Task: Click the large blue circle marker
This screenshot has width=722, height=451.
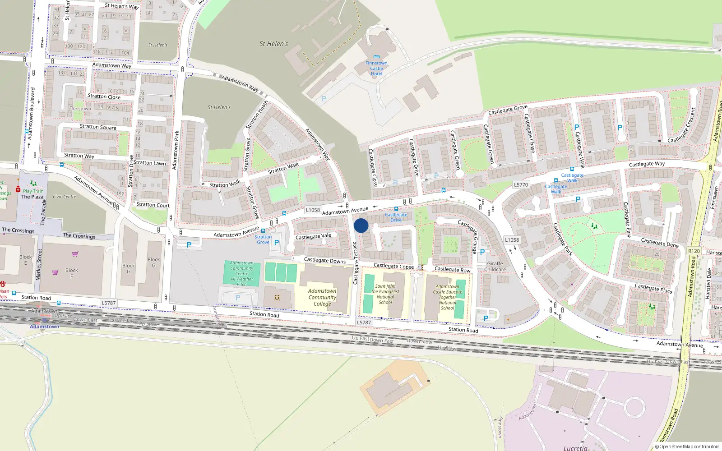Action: tap(361, 225)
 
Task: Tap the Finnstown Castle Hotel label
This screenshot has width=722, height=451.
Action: tap(376, 69)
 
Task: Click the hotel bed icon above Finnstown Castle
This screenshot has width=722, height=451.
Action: tap(377, 56)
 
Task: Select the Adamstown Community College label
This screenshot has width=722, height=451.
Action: tap(322, 297)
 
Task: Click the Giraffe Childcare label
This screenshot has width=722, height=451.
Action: tap(495, 267)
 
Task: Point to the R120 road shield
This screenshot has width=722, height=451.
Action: tap(694, 251)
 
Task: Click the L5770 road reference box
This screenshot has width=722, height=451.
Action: tap(521, 184)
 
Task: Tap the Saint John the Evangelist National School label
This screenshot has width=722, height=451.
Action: tap(385, 294)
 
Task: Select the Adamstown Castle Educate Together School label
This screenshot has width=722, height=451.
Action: tap(448, 297)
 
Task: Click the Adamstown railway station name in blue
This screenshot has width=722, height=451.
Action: tap(44, 327)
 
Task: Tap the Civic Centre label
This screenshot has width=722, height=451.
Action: tap(65, 197)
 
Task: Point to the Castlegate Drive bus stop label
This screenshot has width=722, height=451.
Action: tap(396, 217)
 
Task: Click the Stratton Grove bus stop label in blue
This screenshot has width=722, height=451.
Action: tap(263, 239)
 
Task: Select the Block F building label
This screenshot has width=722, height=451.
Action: tap(71, 273)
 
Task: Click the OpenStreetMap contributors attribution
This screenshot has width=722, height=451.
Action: tap(687, 446)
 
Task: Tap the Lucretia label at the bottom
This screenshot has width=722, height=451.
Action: tap(575, 448)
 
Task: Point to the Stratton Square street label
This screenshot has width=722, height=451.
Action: tap(98, 127)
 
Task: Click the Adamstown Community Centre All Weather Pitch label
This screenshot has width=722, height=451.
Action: tap(242, 274)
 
